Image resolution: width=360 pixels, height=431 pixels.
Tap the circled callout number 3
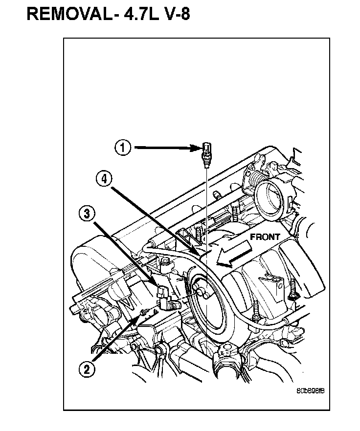coord(86,213)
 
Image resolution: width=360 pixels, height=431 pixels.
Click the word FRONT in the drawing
coord(265,237)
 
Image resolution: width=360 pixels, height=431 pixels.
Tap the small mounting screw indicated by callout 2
coord(143,311)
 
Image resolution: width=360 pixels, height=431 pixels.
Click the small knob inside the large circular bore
coord(201,291)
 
